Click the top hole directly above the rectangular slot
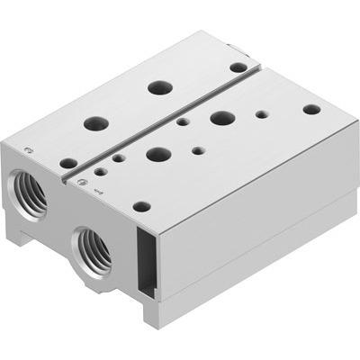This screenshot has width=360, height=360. pos(141,206)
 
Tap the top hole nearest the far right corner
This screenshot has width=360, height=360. pos(310,109)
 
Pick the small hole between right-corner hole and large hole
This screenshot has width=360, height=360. pos(261,114)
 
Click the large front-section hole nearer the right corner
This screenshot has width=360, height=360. pos(222,117)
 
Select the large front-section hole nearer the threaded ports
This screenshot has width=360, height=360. pos(158,153)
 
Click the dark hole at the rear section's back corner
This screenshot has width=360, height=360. pos(238,67)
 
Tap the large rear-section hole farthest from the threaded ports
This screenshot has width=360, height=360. pos(160,87)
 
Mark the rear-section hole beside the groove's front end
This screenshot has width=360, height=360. pos(68,163)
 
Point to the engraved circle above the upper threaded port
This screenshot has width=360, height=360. pos(29,149)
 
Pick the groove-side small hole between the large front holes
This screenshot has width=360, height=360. pos(183,121)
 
